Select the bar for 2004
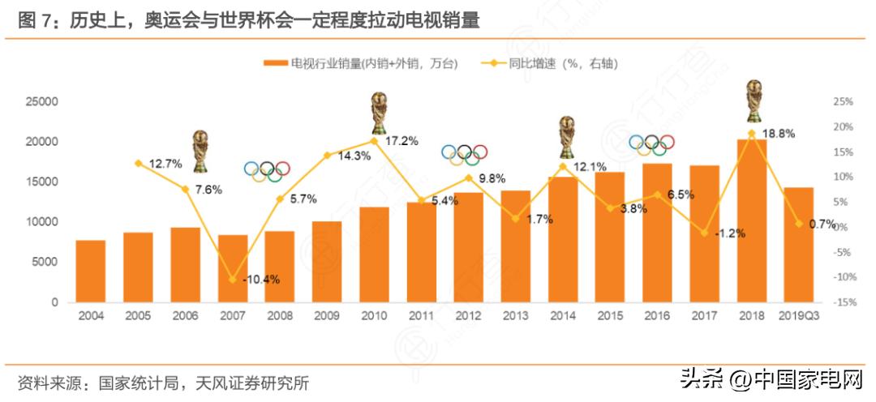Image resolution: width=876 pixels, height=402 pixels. [91, 272]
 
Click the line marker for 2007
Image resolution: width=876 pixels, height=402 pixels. [233, 280]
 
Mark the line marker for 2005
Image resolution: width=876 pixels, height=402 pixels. [138, 163]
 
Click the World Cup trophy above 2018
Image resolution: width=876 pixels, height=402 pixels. [754, 100]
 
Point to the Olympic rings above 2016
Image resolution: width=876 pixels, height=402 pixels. [653, 144]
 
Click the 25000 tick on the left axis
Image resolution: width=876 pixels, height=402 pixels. [42, 102]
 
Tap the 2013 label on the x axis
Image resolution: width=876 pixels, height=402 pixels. [515, 315]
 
